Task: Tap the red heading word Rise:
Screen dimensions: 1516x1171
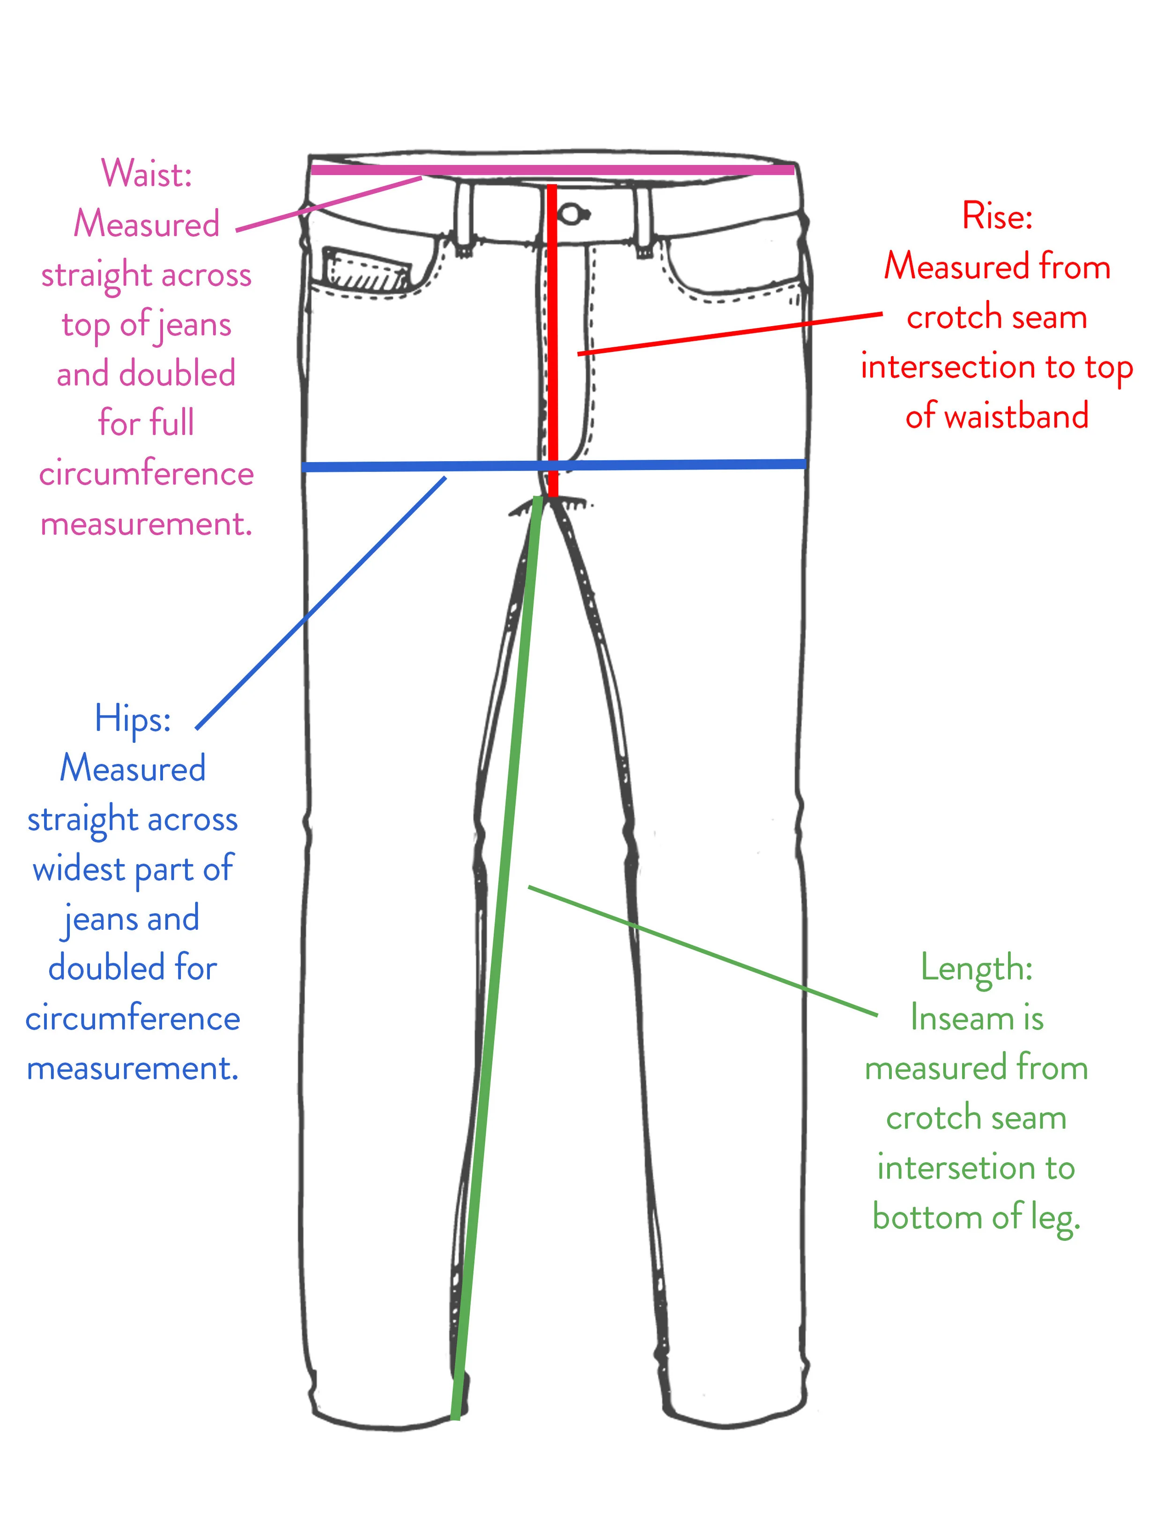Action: pos(997,216)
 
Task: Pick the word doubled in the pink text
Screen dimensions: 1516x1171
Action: pos(178,374)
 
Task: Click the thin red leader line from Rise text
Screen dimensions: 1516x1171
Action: pos(728,334)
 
